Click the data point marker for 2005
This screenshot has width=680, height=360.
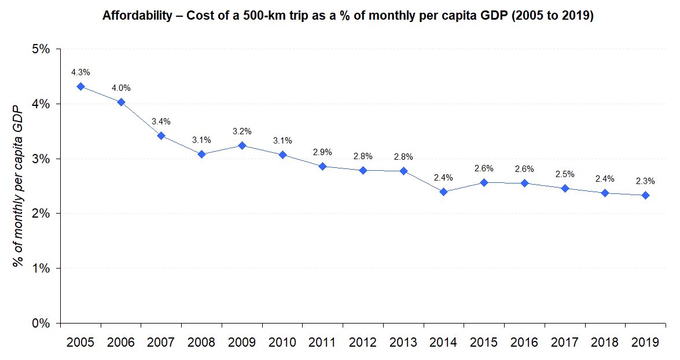coord(80,86)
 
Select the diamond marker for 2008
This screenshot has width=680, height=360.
coord(201,154)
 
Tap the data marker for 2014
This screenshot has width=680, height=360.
coord(443,192)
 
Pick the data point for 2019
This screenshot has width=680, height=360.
coord(645,195)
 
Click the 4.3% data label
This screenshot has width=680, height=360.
coord(80,72)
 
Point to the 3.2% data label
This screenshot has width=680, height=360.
coord(242,131)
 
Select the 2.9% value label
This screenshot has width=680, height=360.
coord(322,152)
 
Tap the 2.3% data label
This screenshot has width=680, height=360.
coord(645,181)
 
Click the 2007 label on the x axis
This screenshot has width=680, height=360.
coord(161,342)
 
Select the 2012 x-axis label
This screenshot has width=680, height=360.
coord(363,342)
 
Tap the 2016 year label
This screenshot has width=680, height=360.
coord(524,342)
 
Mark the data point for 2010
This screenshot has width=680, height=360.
coord(282,155)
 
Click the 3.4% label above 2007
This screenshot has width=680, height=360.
coord(161,122)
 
